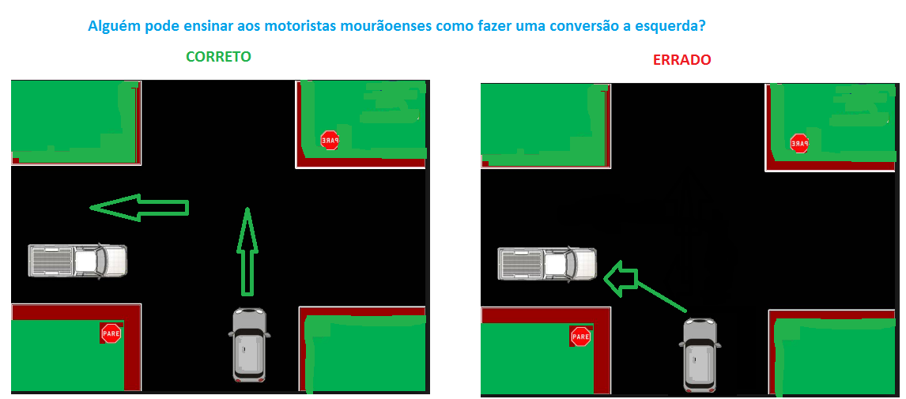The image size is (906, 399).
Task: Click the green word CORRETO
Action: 218,57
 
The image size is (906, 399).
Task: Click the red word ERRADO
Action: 681,59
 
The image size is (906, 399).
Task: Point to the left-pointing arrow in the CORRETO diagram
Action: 139,207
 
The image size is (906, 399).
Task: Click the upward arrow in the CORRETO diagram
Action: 247,251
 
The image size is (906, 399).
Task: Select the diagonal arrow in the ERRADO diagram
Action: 644,282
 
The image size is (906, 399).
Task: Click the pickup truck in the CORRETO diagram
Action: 77,261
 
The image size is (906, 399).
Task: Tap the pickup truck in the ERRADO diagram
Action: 547,265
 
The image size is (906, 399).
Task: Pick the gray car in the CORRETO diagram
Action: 250,344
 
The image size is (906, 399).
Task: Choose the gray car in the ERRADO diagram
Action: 700,355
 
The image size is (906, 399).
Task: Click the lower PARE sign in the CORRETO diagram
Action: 111,333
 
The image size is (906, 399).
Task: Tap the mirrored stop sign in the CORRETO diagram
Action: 330,140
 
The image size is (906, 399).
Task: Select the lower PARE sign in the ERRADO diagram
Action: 580,337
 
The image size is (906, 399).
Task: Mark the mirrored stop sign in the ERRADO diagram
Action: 799,143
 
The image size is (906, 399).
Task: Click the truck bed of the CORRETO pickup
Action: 51,261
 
